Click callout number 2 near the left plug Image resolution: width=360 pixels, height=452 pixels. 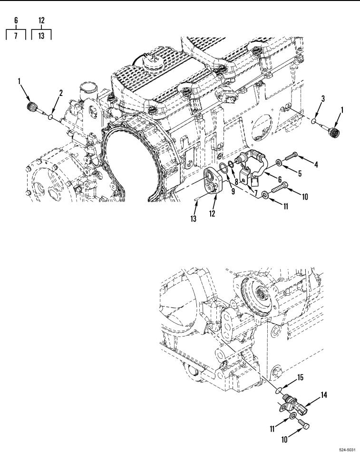(x=61, y=93)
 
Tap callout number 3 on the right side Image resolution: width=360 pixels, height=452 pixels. (x=323, y=98)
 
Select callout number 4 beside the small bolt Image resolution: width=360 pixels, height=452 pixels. (x=316, y=164)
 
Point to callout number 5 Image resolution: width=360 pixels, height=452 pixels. (x=300, y=173)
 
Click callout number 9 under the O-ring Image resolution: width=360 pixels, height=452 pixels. (x=233, y=191)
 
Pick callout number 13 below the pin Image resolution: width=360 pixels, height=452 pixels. (x=193, y=219)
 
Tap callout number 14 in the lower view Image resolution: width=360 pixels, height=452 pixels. (x=324, y=395)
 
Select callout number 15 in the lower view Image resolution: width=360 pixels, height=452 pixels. (x=301, y=377)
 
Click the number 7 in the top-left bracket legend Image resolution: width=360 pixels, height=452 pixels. (x=16, y=36)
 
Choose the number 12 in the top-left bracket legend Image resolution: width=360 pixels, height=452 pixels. (x=41, y=20)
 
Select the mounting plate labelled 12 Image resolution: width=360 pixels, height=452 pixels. (x=212, y=182)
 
